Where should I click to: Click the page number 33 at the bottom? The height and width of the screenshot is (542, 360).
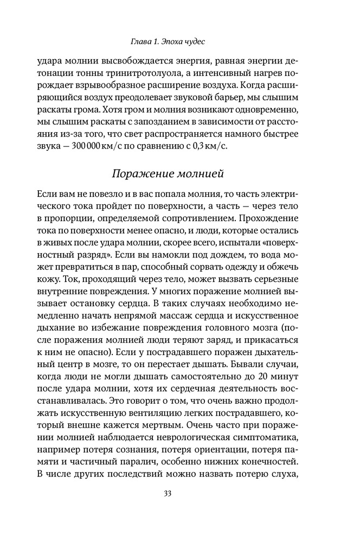pyautogui.click(x=179, y=493)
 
